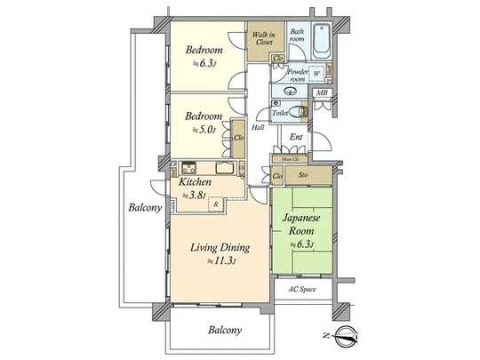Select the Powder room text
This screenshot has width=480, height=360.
(x=296, y=74)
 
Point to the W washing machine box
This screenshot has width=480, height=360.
(x=316, y=74)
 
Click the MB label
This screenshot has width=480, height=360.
(x=322, y=92)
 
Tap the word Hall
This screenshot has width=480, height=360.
(x=258, y=128)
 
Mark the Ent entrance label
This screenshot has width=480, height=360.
(x=296, y=136)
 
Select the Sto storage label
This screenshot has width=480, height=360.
(x=303, y=175)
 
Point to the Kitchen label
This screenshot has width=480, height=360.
(x=196, y=182)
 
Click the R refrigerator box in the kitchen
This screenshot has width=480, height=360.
(x=213, y=204)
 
